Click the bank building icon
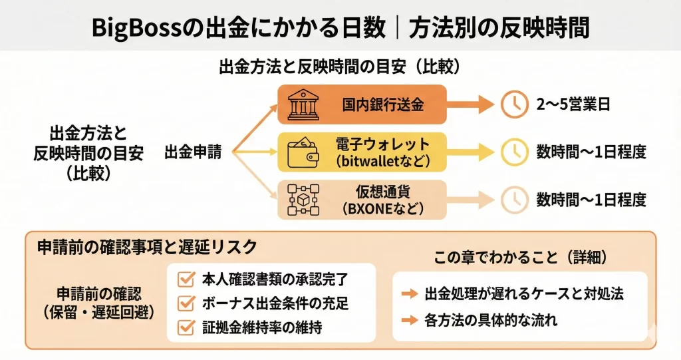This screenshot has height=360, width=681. (303, 105)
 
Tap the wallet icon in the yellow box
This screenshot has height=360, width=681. (303, 152)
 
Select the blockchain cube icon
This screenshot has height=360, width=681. (303, 199)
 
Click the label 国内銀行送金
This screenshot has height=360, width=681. (382, 104)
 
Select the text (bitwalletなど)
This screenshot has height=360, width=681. (383, 160)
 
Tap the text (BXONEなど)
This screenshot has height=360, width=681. (382, 208)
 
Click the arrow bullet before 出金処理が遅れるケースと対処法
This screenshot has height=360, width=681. (410, 293)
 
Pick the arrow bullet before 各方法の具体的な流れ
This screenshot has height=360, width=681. (410, 320)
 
